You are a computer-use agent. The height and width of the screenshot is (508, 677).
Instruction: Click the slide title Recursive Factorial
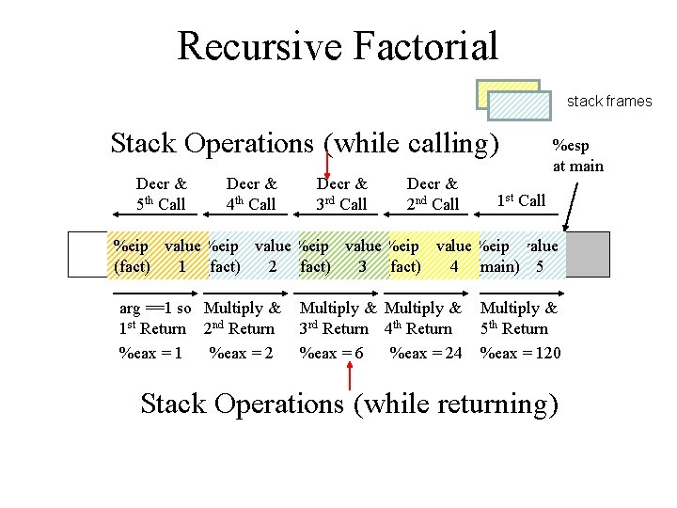pos(337,45)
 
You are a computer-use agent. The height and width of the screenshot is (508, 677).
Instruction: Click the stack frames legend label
pos(608,102)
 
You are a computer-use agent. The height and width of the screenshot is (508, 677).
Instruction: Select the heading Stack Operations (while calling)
pos(305,144)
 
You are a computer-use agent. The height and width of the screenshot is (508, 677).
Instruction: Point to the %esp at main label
pos(577,156)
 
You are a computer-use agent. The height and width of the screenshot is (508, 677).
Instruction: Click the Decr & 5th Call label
pos(161,194)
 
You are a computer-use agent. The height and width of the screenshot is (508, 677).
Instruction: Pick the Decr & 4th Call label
pos(251,194)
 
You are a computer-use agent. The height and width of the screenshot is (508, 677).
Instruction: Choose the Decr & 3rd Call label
pos(341,194)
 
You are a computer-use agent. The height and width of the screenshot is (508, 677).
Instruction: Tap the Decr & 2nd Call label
pos(432,194)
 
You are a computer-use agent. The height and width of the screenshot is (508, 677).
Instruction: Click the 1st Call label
pos(521,200)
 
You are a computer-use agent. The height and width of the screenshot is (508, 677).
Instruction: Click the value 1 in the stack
pos(181,266)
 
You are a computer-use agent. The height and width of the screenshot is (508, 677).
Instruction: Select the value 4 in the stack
pos(454,266)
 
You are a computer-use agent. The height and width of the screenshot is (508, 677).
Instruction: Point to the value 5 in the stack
pos(539,266)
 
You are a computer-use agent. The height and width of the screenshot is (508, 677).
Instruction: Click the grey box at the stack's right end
pos(588,255)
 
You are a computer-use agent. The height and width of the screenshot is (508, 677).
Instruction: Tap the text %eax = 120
pos(520,353)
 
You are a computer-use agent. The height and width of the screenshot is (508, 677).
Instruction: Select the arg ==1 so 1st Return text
pos(155,318)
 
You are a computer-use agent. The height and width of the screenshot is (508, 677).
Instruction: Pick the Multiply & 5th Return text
pos(518,318)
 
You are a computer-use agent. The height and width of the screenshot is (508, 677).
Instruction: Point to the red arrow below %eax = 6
pos(350,376)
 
